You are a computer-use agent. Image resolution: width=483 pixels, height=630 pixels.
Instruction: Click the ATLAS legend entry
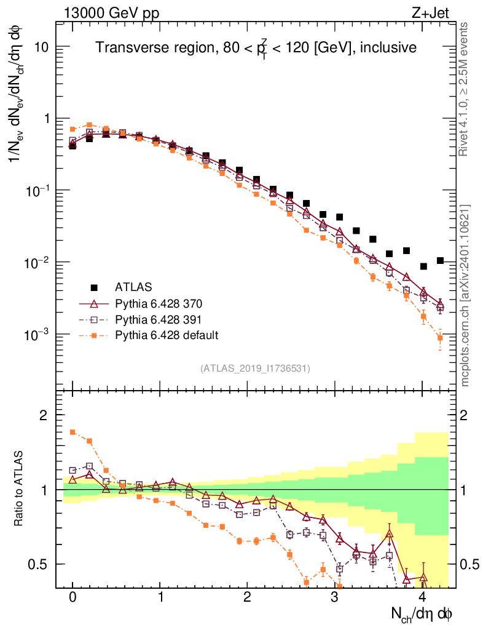pyautogui.click(x=133, y=287)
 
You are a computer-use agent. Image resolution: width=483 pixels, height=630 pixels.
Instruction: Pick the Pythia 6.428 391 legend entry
pyautogui.click(x=160, y=319)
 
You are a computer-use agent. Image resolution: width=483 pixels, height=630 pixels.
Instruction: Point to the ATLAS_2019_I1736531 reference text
pyautogui.click(x=255, y=369)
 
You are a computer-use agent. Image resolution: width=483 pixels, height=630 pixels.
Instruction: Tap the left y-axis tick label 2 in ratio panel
pyautogui.click(x=44, y=415)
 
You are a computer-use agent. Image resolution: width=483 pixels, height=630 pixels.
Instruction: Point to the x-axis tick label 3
pyautogui.click(x=334, y=597)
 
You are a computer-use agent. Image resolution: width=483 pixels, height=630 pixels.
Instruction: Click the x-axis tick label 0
pyautogui.click(x=73, y=597)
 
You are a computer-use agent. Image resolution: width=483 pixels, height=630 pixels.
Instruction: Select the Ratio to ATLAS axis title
pyautogui.click(x=20, y=489)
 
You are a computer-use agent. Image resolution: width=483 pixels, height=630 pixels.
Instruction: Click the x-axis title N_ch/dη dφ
pyautogui.click(x=423, y=613)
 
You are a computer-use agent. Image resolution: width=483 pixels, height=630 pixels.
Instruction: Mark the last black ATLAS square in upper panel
pyautogui.click(x=440, y=261)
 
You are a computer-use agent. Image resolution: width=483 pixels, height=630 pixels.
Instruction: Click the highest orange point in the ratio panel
pyautogui.click(x=73, y=432)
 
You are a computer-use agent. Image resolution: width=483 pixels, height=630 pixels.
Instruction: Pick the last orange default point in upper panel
pyautogui.click(x=440, y=337)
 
